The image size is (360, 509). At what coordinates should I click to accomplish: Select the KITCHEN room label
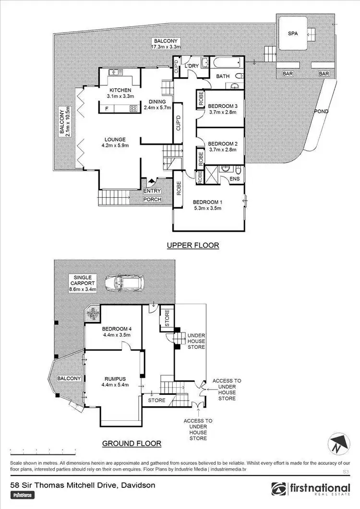117,90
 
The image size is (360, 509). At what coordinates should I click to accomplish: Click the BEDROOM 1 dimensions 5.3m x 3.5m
208,209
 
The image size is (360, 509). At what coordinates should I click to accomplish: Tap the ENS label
234,179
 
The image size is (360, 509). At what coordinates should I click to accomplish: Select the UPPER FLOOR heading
192,245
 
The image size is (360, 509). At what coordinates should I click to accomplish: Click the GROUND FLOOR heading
131,443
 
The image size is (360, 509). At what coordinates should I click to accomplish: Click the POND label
321,111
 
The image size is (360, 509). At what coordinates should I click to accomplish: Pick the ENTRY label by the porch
152,191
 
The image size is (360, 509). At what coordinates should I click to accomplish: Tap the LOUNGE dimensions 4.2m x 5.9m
115,145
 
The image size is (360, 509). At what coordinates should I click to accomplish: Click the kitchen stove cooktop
132,108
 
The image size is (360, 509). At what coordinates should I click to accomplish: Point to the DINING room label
157,102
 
